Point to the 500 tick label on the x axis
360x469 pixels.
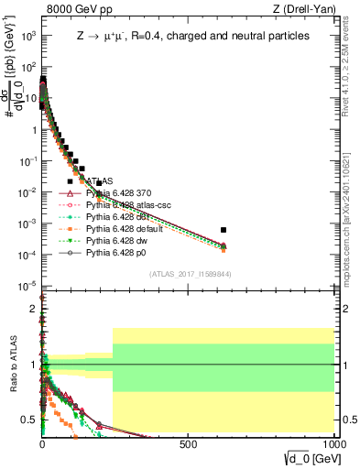tap(189, 442)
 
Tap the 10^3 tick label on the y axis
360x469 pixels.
tap(27, 36)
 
